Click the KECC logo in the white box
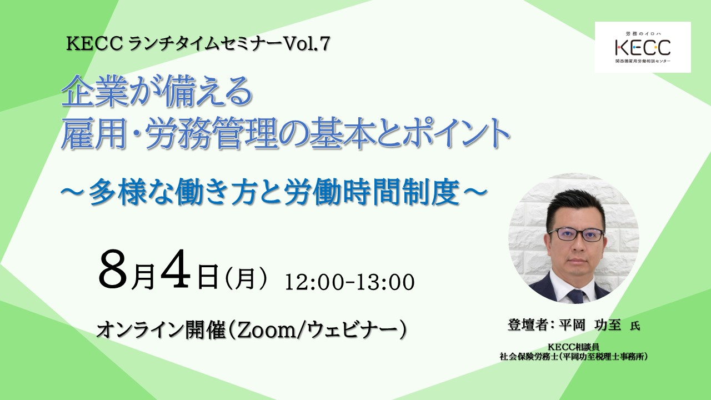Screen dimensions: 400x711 click(643, 47)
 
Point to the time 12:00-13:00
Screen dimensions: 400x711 click(349, 282)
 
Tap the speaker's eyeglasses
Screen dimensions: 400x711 click(576, 235)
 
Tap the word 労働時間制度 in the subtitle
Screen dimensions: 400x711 click(373, 193)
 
